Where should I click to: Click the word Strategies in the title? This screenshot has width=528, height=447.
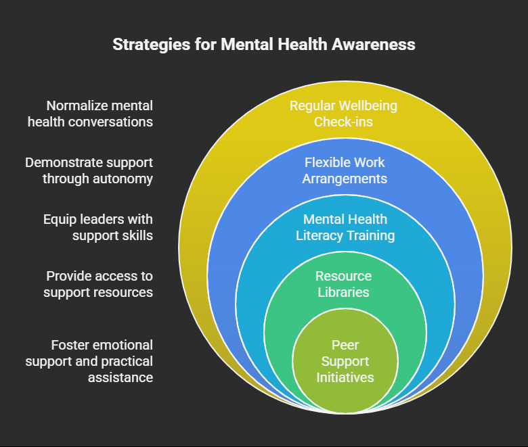[152, 45]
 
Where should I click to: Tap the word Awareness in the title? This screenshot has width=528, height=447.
[374, 44]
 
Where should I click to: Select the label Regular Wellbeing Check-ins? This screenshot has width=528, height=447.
[343, 114]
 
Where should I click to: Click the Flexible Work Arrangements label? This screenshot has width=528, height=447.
[345, 170]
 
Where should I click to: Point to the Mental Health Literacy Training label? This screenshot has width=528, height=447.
[345, 227]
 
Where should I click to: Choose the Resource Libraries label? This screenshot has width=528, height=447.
[343, 284]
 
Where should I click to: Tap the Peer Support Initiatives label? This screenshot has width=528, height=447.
[345, 361]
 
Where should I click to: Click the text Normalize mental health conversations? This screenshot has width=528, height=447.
[90, 114]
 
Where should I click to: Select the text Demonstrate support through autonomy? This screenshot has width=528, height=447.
[89, 170]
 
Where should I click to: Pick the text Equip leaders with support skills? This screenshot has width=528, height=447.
[98, 227]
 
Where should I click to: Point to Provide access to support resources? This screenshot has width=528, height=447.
[98, 284]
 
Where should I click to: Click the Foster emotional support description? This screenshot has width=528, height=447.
[89, 361]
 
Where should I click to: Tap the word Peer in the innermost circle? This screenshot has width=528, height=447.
[345, 345]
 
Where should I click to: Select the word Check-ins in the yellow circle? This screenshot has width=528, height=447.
[343, 122]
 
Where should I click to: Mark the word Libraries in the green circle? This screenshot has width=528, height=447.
[343, 292]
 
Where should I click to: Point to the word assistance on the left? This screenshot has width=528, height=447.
[120, 378]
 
